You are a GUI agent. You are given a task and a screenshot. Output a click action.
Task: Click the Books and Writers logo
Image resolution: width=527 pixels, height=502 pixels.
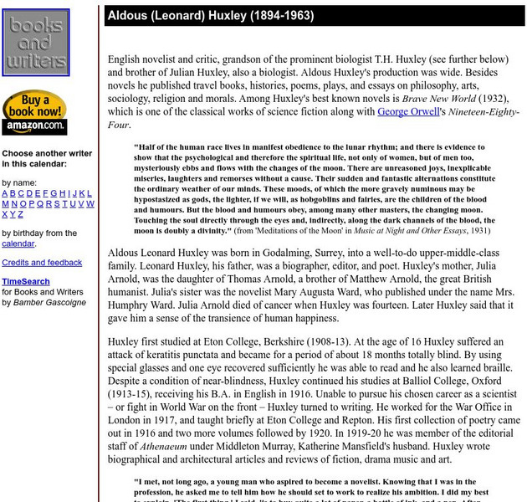(x=35, y=43)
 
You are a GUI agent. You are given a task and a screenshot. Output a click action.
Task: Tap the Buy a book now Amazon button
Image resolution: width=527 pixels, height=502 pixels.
(x=34, y=113)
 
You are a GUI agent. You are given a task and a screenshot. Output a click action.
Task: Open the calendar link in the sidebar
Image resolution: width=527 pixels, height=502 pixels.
(x=18, y=243)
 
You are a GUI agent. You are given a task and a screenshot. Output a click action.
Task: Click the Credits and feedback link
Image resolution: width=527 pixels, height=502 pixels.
(x=42, y=263)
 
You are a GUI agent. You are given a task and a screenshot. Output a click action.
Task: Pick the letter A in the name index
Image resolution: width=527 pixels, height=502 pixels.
(x=5, y=193)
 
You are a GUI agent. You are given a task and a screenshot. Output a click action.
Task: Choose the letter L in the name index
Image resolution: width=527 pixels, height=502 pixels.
(x=90, y=193)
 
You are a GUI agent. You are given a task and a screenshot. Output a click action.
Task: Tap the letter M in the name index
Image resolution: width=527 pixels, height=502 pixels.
(x=6, y=203)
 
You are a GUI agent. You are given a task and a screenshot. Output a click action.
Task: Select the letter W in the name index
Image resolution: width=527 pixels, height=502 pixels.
(x=90, y=203)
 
